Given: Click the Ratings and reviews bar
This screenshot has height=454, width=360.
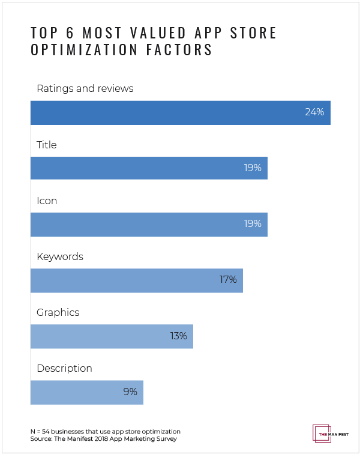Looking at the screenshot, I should coord(180,112).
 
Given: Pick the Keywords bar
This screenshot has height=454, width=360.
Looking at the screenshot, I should coord(136,280).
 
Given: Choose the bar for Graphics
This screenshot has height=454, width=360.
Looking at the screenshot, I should coord(112,336).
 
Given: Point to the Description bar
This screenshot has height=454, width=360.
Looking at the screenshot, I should coord(86,392).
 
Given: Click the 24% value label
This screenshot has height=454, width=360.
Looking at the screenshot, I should coord(314,112).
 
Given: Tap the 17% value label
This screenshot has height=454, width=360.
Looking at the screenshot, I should coord(227,280).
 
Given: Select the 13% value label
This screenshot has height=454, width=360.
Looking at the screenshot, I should coord(178,336).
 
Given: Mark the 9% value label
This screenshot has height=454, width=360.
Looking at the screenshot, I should coord(130,392).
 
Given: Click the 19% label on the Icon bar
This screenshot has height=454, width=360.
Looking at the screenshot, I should coord(252,224).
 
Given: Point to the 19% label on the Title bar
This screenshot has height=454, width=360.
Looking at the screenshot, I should coord(252,168).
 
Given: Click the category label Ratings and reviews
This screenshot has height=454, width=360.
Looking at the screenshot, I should coord(85,89).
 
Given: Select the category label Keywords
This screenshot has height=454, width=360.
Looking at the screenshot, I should coord(59,257).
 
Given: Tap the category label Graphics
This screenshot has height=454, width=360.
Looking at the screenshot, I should coord(58,313).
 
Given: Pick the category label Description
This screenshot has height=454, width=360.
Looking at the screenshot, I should coord(64,369).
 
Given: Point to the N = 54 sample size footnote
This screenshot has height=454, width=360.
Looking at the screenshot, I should coord(105,431).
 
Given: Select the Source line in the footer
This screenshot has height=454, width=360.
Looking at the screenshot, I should coord(103,440).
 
